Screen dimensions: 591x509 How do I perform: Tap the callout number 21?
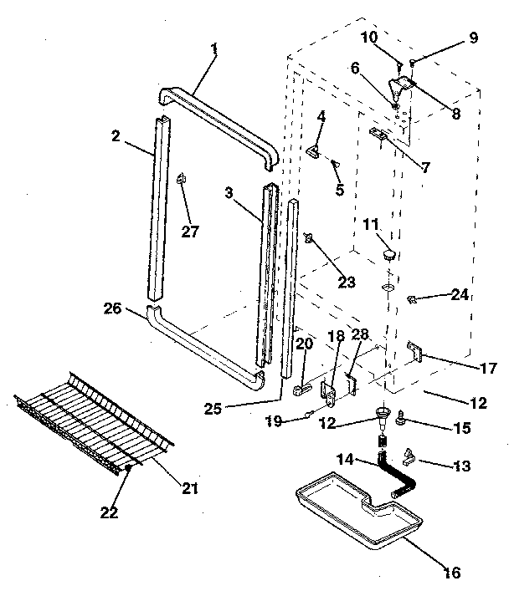[189, 487]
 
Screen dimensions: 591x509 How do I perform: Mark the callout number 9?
[473, 38]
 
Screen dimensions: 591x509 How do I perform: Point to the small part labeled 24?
[413, 298]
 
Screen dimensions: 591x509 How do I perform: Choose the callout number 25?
[214, 408]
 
